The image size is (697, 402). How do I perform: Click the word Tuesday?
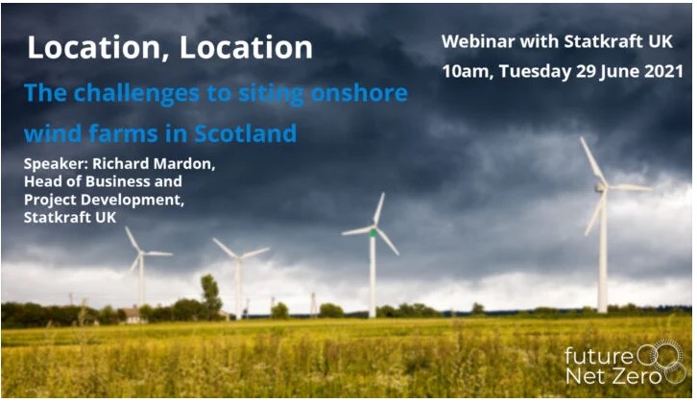pos(535,72)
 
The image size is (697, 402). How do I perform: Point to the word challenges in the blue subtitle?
pos(136,94)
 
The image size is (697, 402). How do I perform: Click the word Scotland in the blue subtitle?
pos(246,133)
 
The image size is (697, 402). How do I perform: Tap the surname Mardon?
pos(184,164)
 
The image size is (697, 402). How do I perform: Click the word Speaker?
pos(56,165)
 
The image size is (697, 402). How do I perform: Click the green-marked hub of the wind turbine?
pos(373,232)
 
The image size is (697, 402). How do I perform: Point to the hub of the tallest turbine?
pos(601,188)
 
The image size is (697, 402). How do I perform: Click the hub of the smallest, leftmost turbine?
pos(141,253)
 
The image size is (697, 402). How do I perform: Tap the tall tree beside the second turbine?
pos(210,296)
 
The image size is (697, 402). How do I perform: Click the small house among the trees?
pos(132,314)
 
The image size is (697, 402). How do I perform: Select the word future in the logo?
pos(599,356)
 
